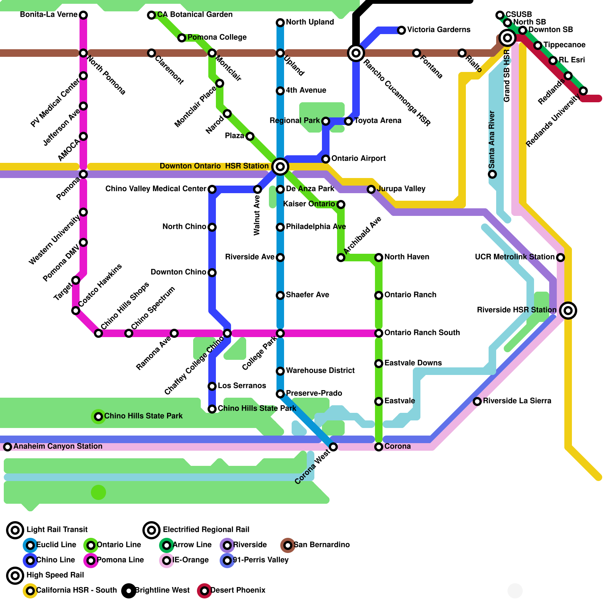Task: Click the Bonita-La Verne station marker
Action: [x=83, y=15]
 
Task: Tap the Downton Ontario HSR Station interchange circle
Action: [x=280, y=166]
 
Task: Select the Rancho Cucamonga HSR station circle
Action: [x=356, y=53]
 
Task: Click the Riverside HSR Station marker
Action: [x=568, y=311]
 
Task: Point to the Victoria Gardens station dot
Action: [x=401, y=30]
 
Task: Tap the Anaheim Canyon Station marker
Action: [x=8, y=447]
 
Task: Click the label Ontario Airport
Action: [x=358, y=158]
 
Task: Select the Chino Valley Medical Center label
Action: [x=156, y=189]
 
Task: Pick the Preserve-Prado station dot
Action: [x=280, y=394]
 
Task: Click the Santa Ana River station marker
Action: [x=492, y=174]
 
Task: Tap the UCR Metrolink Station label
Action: [x=514, y=257]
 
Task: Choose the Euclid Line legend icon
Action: [x=30, y=545]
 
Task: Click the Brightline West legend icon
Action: [x=129, y=591]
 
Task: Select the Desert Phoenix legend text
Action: [x=238, y=590]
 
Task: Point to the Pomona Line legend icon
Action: [x=91, y=561]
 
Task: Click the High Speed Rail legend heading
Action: [x=55, y=575]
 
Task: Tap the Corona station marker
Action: [x=379, y=447]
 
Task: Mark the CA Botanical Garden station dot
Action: [x=151, y=15]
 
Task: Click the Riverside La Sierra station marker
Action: [x=477, y=401]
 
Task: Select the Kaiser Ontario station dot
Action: [x=341, y=205]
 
